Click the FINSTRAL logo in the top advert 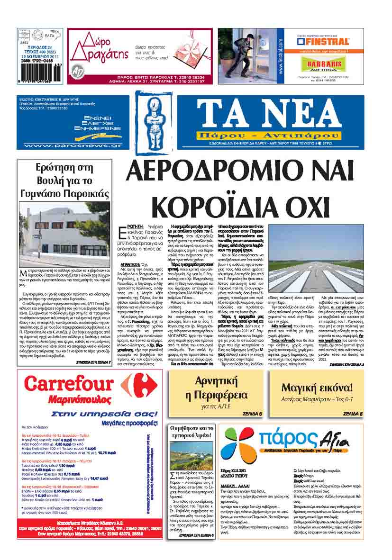pos(325,40)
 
